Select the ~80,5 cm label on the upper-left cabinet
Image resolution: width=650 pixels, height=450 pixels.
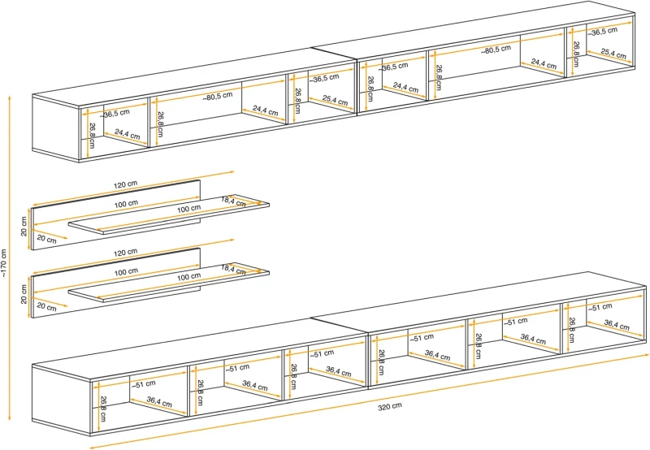[217, 97]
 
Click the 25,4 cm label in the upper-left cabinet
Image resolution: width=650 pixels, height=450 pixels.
[335, 101]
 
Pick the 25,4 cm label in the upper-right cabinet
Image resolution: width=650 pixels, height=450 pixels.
[613, 54]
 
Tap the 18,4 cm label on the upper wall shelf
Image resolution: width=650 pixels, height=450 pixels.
[233, 201]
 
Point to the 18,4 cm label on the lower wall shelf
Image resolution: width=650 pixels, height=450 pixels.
[233, 269]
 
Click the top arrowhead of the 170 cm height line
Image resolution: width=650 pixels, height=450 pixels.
[8, 97]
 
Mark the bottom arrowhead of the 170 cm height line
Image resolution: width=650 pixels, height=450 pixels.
[8, 422]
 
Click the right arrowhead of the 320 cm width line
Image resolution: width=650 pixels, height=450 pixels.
[647, 354]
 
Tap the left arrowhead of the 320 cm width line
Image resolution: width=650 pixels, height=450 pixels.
[91, 446]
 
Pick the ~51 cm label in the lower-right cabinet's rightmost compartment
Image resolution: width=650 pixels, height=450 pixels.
[600, 307]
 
